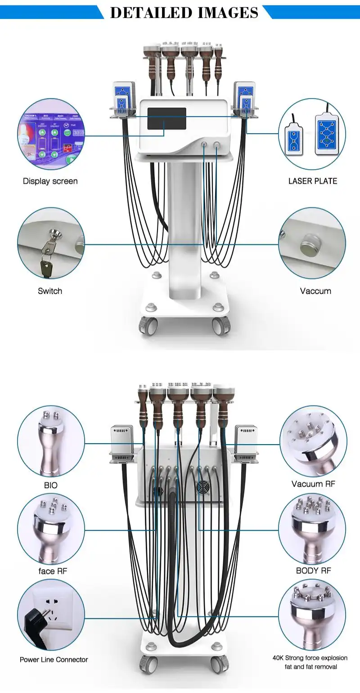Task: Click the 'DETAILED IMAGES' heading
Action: click(184, 12)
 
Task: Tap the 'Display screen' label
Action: click(50, 181)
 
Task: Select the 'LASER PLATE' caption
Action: click(312, 181)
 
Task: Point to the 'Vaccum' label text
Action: click(315, 291)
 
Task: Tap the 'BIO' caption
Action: click(51, 486)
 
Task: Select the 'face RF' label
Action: click(52, 571)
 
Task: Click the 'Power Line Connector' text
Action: click(54, 660)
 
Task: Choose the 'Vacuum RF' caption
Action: click(313, 484)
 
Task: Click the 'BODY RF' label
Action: click(313, 571)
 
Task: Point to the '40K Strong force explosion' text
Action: click(310, 658)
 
